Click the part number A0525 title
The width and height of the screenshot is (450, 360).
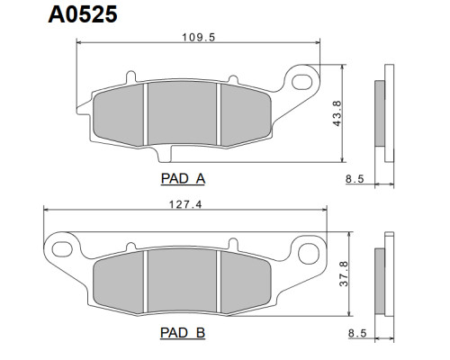point(83,14)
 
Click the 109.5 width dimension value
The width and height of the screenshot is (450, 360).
point(199,38)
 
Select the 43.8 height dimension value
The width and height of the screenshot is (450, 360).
point(337,113)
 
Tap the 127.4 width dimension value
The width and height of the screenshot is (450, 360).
point(185,204)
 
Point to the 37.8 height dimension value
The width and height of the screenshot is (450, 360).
point(344,274)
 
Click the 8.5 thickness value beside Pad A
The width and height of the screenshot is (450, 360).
point(355,179)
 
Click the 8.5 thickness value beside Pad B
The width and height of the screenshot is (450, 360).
point(357,333)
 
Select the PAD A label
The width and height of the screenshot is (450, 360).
point(183,179)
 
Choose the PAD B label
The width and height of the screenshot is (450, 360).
point(183,333)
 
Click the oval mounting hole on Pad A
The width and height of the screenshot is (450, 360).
point(301,81)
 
